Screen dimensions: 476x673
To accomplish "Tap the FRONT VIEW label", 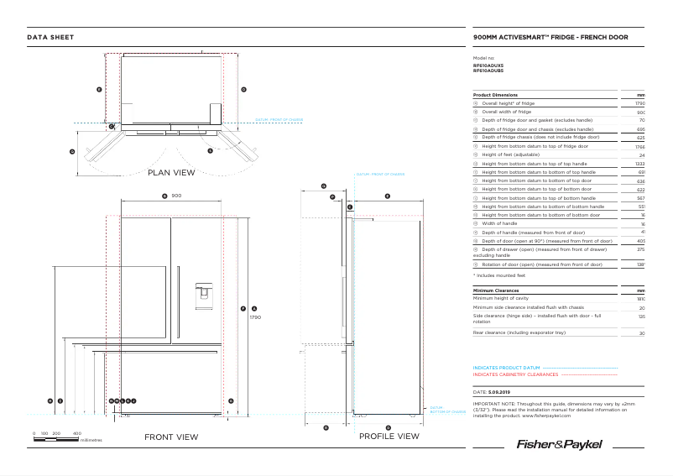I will pos(171,437).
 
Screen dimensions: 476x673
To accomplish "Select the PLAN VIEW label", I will pos(171,173).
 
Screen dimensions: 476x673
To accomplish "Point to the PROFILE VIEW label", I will pos(389,437).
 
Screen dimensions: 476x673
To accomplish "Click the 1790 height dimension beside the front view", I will pos(256,317).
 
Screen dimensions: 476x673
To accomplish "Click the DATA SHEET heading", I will pos(50,38).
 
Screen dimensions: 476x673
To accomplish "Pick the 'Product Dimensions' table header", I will pos(495,95).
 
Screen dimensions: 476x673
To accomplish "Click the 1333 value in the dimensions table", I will pos(639,164).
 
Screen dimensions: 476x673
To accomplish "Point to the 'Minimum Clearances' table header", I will pos(497,290).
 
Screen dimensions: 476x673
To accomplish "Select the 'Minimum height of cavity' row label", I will pos(504,299).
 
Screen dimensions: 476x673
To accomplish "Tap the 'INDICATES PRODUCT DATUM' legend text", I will pos(506,368).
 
